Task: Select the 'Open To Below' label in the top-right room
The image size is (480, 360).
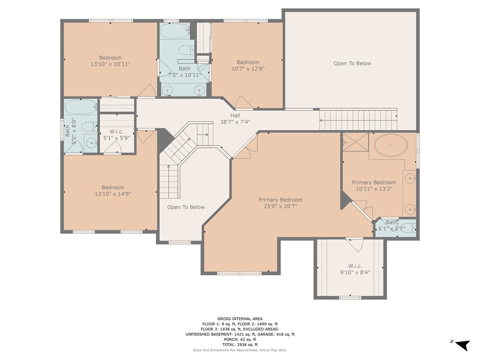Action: point(352,63)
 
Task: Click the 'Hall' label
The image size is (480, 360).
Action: point(235,115)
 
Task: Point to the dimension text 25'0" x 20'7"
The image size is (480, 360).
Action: point(280,206)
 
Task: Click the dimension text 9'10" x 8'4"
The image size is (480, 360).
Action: point(355,272)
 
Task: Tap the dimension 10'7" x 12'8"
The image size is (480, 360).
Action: point(247,69)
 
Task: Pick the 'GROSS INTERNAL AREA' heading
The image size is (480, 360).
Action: point(240,319)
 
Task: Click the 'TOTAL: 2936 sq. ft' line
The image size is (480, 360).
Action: point(240,345)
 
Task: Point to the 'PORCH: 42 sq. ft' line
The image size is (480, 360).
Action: point(240,339)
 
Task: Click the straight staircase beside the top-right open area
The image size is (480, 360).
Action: point(359,119)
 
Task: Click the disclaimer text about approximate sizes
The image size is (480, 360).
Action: point(240,350)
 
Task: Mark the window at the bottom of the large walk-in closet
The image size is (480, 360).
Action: point(350,297)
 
